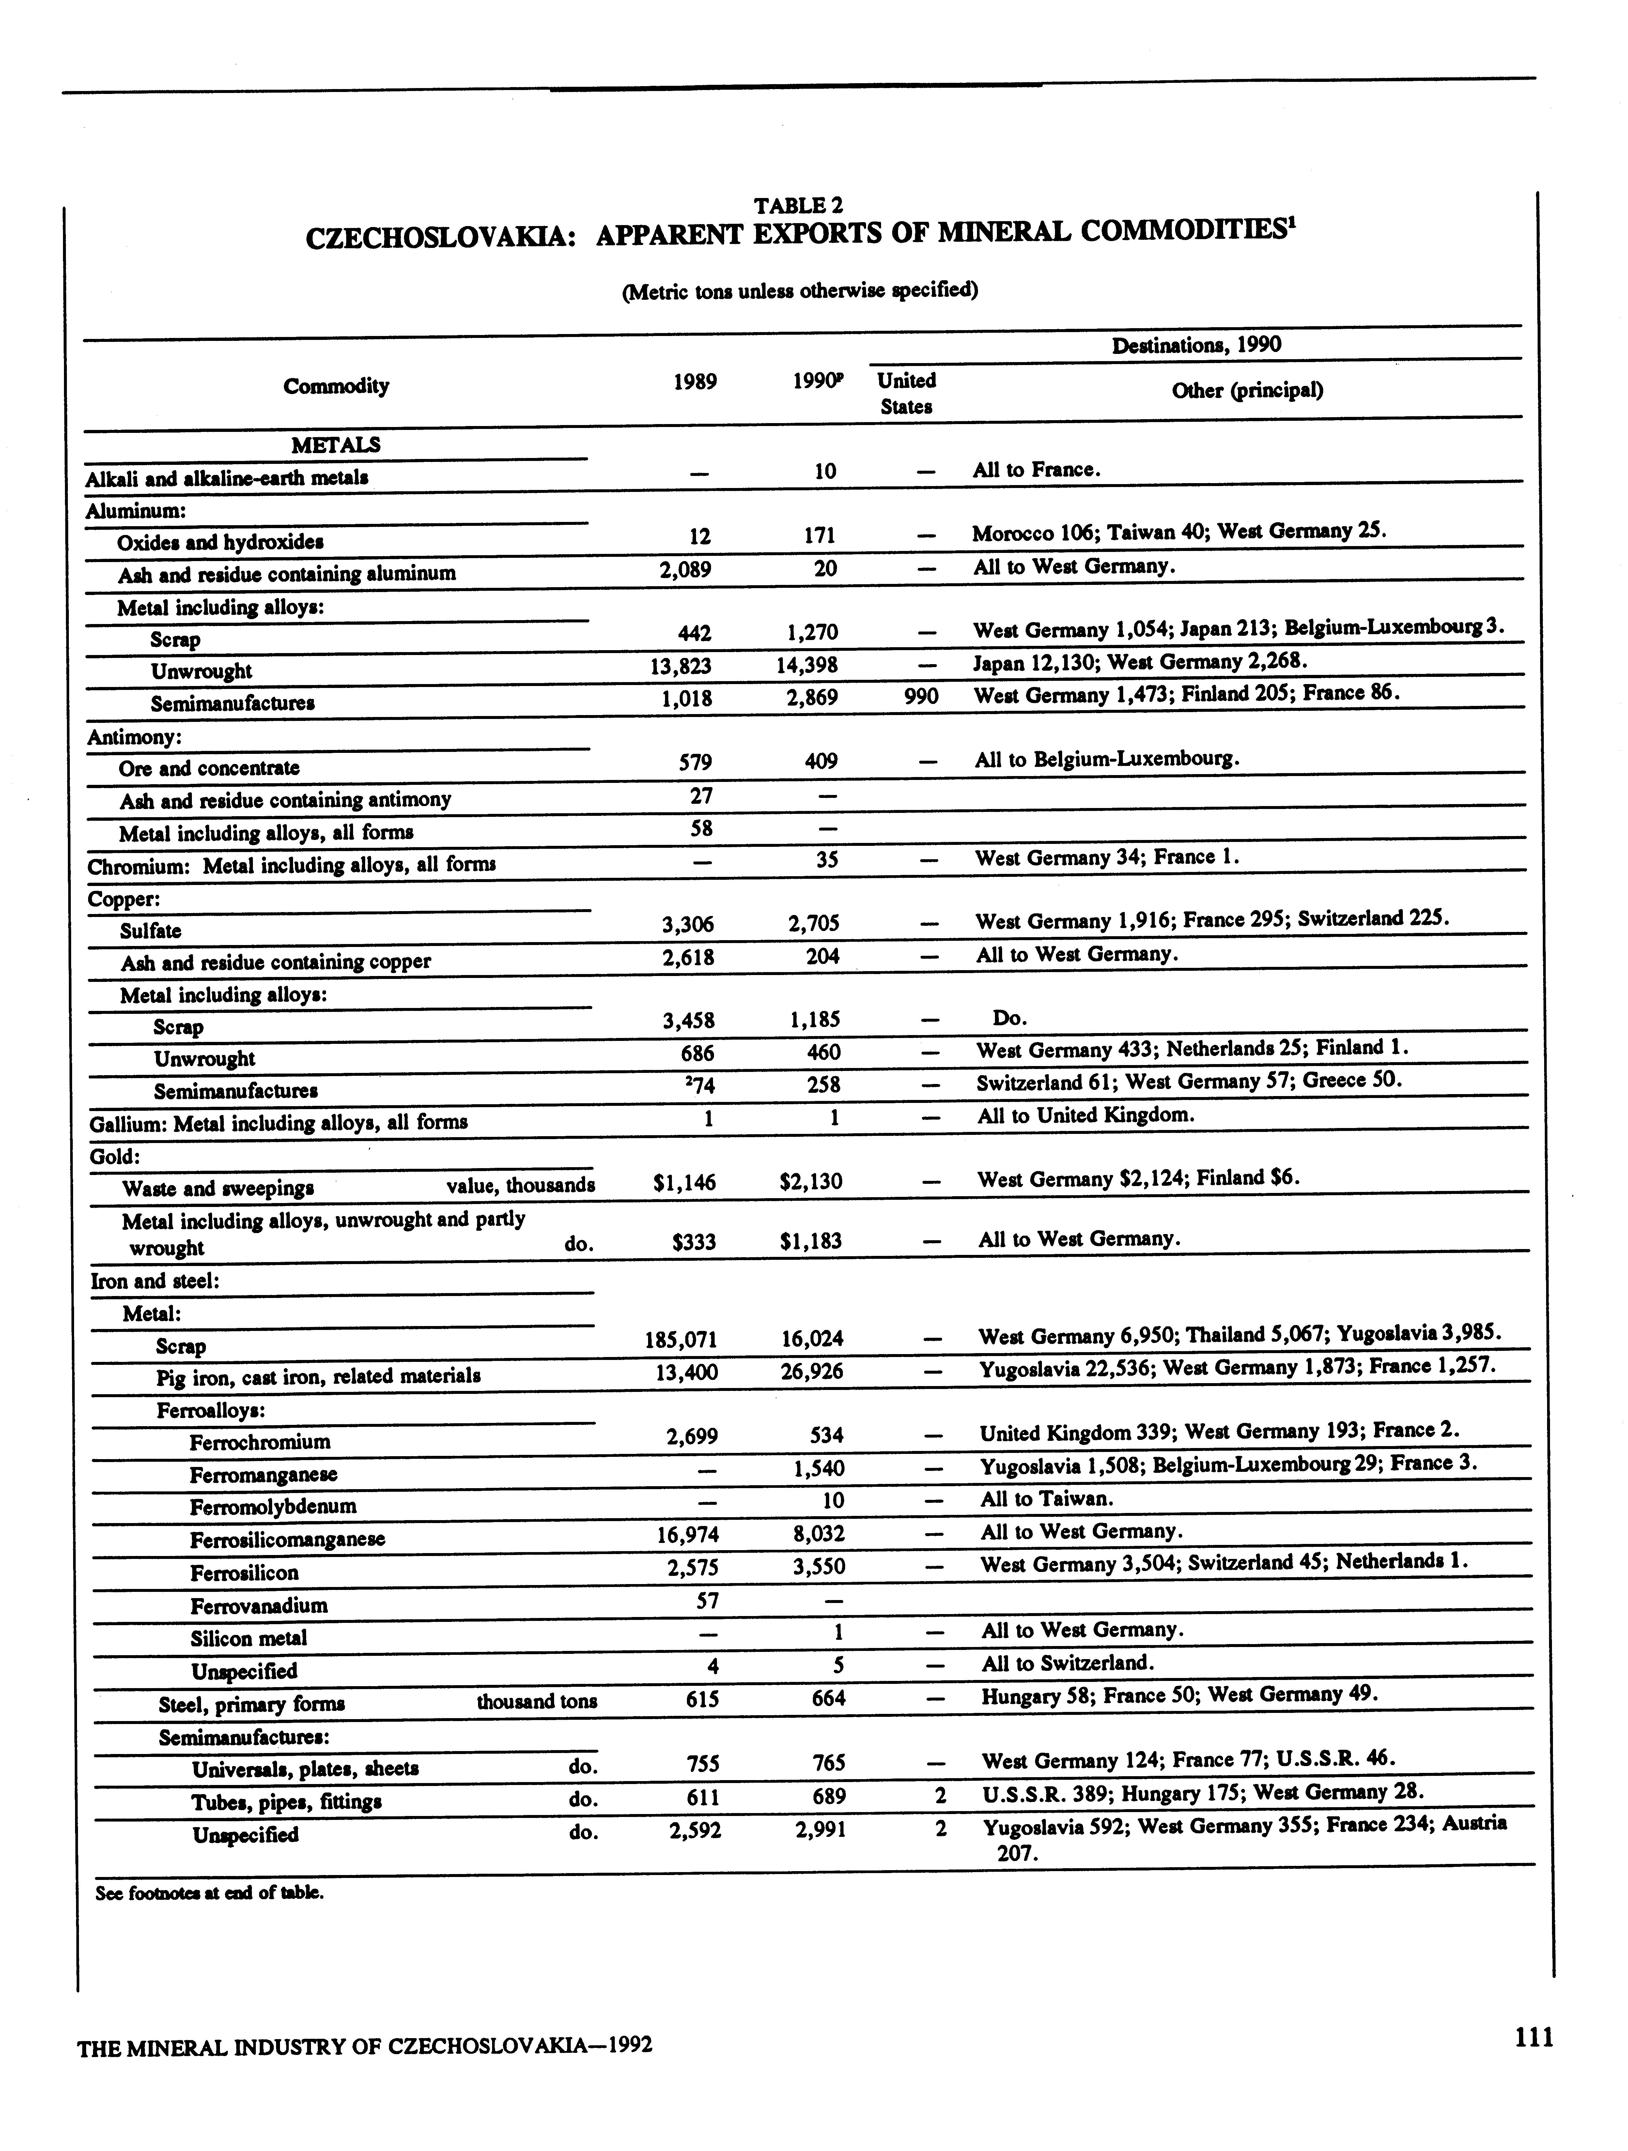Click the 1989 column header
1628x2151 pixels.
point(695,382)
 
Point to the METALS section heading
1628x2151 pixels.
point(335,445)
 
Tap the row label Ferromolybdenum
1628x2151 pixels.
point(273,1506)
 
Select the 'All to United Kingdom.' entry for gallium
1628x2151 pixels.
point(1085,1115)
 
